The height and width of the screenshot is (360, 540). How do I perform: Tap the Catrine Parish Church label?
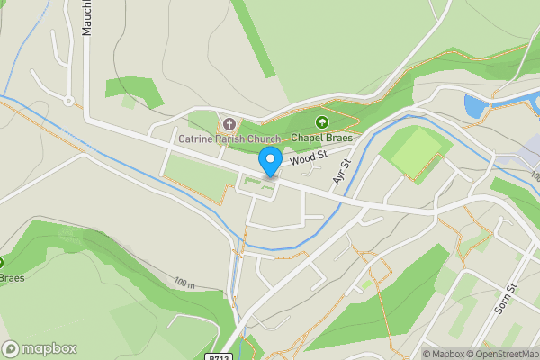pyautogui.click(x=229, y=139)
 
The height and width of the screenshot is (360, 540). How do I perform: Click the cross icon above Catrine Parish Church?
pyautogui.click(x=229, y=123)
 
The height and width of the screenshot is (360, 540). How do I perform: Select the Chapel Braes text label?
pyautogui.click(x=320, y=139)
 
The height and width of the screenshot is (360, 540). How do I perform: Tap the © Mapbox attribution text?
pyautogui.click(x=443, y=354)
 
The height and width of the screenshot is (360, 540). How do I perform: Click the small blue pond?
pyautogui.click(x=474, y=106)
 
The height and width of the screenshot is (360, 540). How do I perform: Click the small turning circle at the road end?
pyautogui.click(x=68, y=101)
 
